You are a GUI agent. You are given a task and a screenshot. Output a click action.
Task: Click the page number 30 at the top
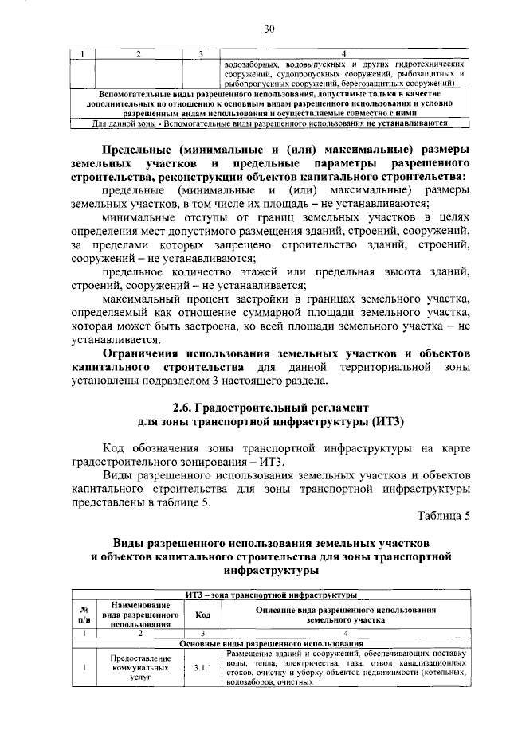point(269,29)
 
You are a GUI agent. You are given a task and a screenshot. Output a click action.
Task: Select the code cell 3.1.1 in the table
point(202,668)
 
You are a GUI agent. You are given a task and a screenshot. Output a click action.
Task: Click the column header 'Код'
point(202,615)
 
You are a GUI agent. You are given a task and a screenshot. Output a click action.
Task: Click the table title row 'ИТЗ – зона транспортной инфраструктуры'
point(272,595)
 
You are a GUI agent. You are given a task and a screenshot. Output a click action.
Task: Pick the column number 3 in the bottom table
point(202,633)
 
